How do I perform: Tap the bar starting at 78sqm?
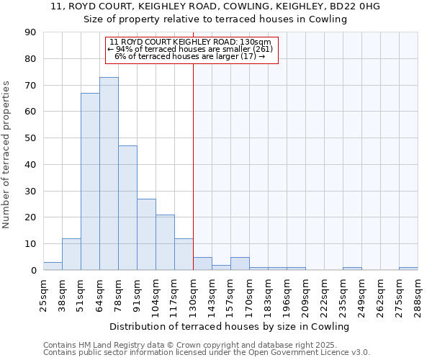[x=127, y=208]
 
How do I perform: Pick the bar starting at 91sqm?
[x=146, y=235]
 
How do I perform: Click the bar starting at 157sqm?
[x=240, y=264]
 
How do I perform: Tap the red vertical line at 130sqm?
[x=193, y=166]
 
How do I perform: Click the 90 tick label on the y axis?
[x=31, y=32]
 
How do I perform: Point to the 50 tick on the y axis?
[x=31, y=138]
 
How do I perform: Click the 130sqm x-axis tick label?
[x=193, y=292]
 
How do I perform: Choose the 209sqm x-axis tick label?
[x=306, y=292]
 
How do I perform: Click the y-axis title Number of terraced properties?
[x=6, y=154]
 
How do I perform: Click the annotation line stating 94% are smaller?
[x=191, y=49]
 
